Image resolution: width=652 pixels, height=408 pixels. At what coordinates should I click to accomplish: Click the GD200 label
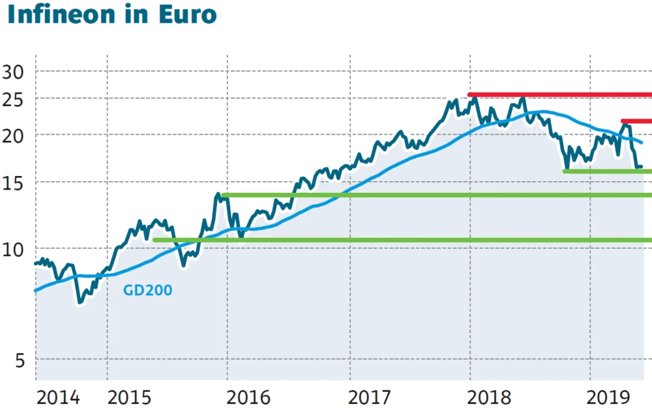coord(148,290)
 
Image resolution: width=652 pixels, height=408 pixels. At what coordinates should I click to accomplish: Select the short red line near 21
coord(636,121)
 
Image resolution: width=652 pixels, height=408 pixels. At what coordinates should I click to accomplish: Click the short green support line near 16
coord(606,171)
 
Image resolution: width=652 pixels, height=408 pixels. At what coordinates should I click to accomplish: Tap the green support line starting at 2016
coord(437,195)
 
